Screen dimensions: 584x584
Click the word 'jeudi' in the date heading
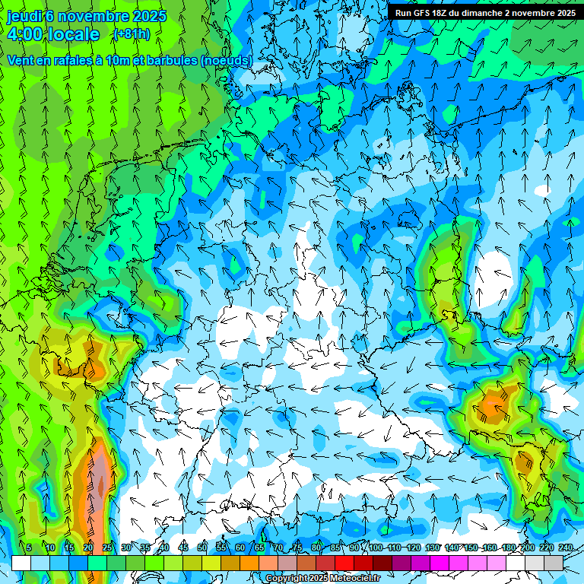[x=24, y=16]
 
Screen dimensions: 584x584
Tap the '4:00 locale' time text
[x=53, y=34]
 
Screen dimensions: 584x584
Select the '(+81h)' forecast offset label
[x=132, y=34]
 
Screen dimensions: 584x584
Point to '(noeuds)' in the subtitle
[x=226, y=60]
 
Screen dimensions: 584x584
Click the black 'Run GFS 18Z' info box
[x=484, y=13]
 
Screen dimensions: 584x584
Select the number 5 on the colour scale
[x=29, y=547]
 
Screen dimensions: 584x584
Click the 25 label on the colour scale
[x=107, y=547]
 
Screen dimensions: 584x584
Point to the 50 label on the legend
[x=202, y=547]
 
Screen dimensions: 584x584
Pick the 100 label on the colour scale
[x=376, y=547]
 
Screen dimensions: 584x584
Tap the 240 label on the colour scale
[x=566, y=547]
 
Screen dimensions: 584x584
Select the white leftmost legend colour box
[x=21, y=563]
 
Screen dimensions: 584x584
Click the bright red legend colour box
[x=344, y=563]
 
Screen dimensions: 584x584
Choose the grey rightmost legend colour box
[x=554, y=563]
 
